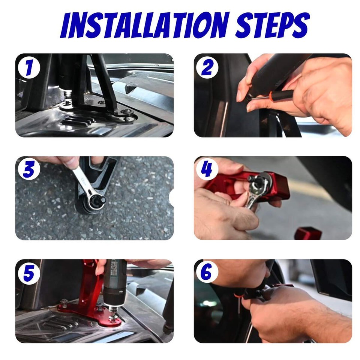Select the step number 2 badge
point(207,68)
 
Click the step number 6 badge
point(207,273)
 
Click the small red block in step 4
point(307,233)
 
